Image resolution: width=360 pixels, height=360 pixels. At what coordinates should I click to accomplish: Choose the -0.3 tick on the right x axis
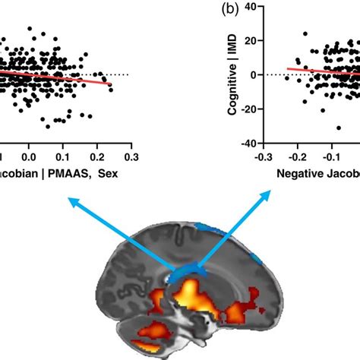click(263, 156)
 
